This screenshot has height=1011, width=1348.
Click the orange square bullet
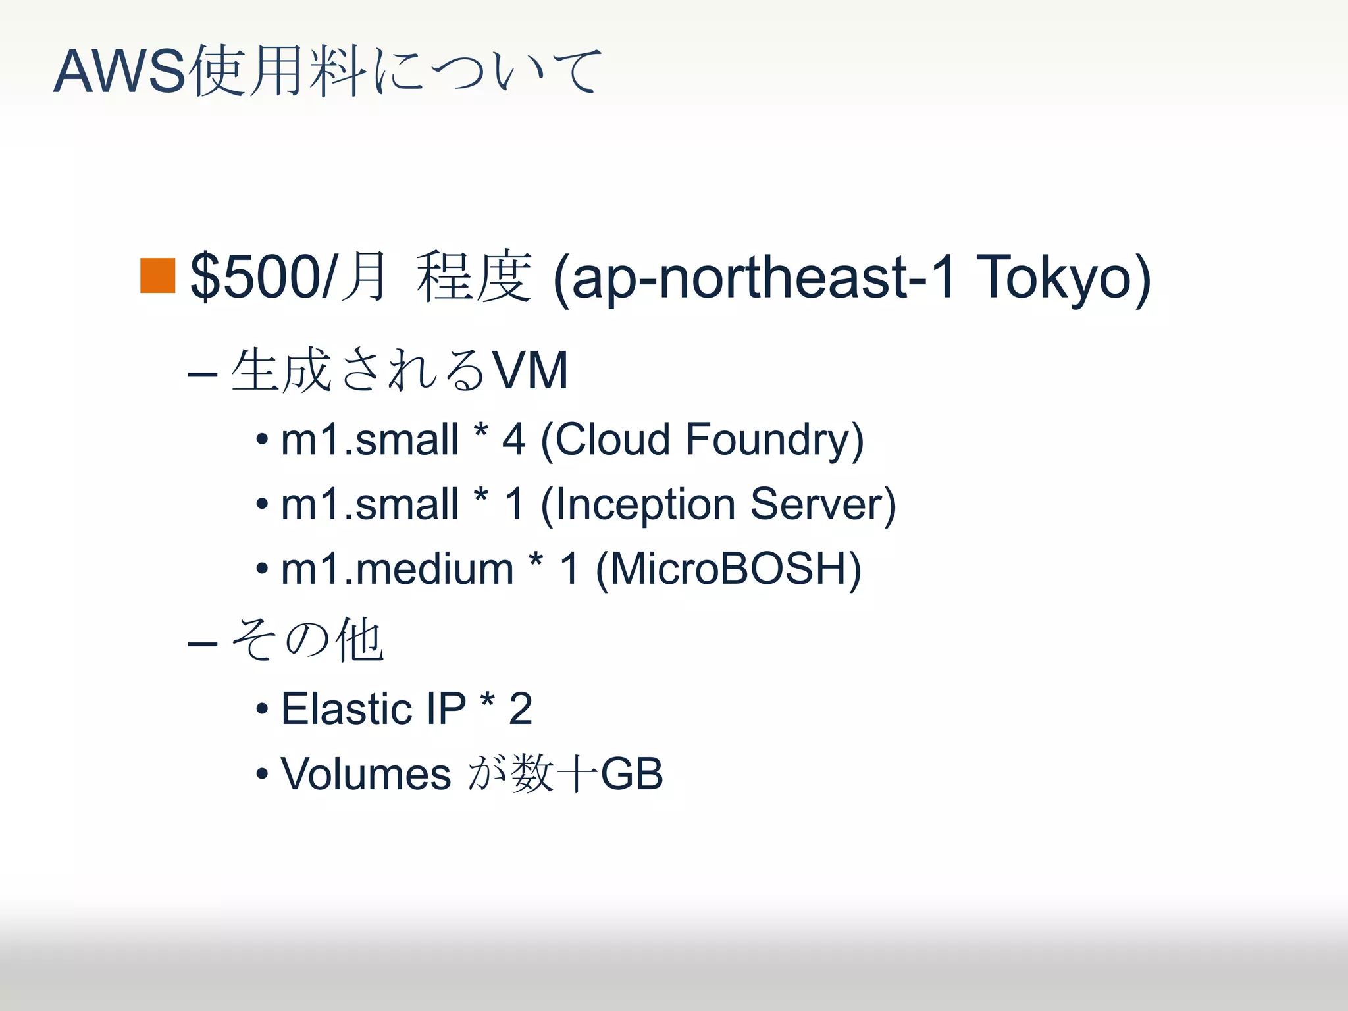(158, 276)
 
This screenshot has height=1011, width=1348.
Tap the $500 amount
(254, 277)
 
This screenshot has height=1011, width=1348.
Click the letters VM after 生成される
(531, 371)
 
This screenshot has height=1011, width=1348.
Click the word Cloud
(613, 440)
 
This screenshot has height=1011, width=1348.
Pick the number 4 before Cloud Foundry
(513, 440)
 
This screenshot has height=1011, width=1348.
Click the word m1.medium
(397, 569)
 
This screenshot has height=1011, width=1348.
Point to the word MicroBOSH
(728, 569)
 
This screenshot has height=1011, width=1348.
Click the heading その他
(307, 640)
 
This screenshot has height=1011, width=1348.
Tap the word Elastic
(346, 709)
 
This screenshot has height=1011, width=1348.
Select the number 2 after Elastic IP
(520, 709)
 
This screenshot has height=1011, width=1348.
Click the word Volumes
(365, 773)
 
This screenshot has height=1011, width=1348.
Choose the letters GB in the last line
(631, 773)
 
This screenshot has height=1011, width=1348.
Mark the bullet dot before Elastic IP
(262, 710)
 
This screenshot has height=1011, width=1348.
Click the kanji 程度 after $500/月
(474, 277)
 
